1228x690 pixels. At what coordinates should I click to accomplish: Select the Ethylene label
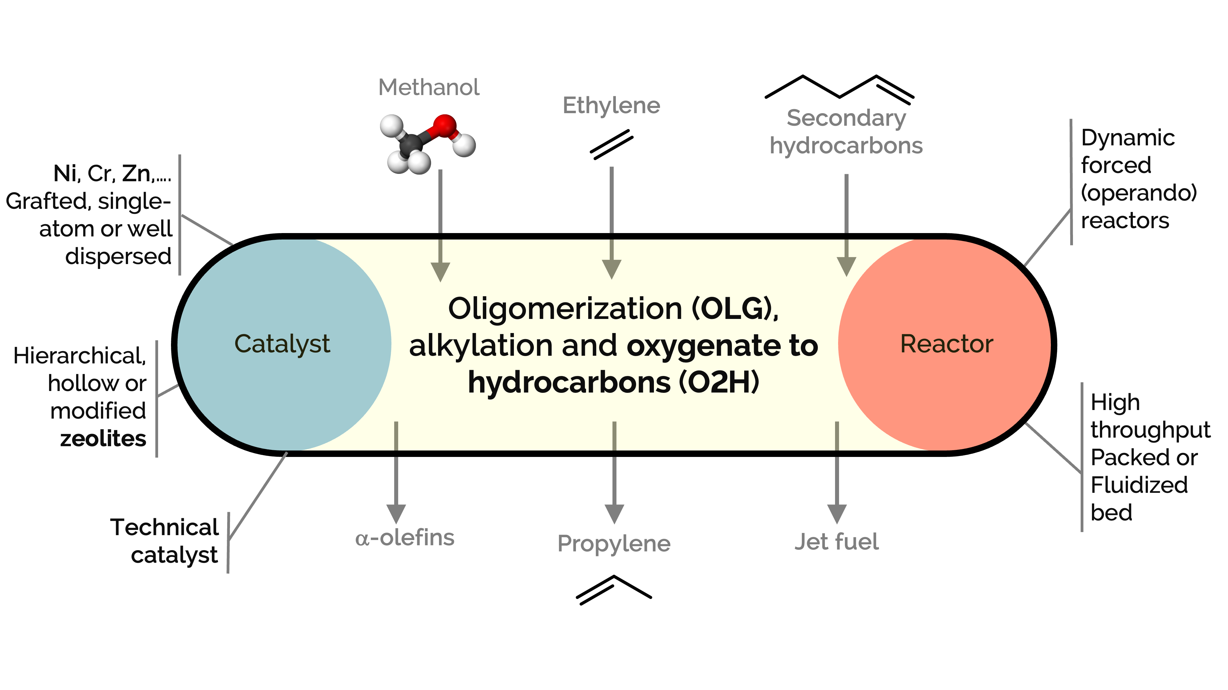pos(611,106)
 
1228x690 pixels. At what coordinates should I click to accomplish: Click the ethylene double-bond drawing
pos(611,144)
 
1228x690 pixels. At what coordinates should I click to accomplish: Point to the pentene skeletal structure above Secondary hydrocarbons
pos(839,88)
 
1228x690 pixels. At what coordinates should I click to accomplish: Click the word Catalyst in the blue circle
pos(282,344)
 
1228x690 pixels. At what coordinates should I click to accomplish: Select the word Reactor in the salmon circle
pos(946,344)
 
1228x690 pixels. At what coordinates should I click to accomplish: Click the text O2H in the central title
pos(719,382)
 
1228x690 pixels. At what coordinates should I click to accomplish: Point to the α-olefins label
pos(405,538)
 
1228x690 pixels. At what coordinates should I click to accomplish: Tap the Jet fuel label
pos(837,542)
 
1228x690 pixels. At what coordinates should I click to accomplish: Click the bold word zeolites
pos(103,439)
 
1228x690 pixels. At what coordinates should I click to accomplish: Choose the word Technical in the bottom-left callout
pos(165,527)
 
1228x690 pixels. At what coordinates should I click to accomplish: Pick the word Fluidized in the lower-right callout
pos(1139,485)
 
